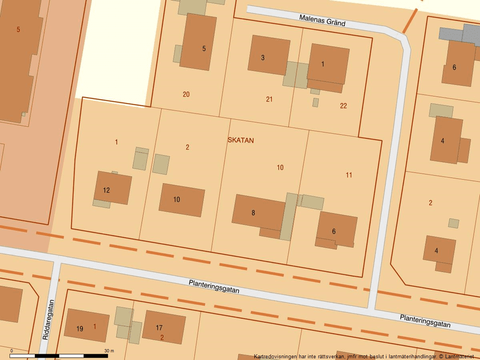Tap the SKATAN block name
point(240,141)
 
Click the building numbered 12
point(113,188)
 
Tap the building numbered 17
point(163,327)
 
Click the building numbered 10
point(182,199)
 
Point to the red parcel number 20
point(186,94)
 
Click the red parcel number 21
point(269,99)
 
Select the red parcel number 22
point(343,106)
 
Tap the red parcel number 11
point(349,175)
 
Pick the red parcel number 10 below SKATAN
point(280,167)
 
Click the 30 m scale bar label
point(109,351)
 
